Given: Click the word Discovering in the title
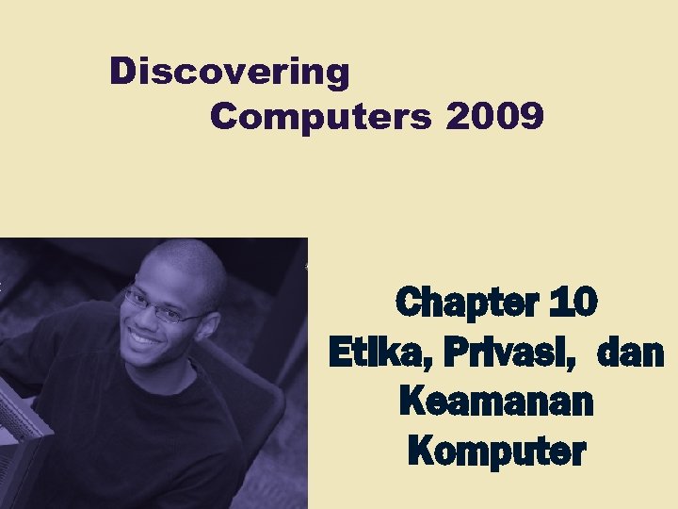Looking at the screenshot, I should pyautogui.click(x=230, y=72).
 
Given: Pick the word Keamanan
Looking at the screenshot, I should pyautogui.click(x=496, y=402).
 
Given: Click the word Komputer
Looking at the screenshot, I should pyautogui.click(x=496, y=452).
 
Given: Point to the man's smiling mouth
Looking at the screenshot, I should pyautogui.click(x=147, y=337).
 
